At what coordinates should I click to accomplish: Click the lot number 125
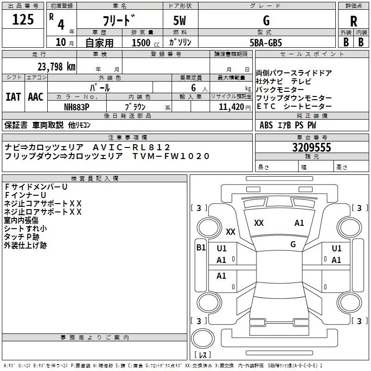coord(23,19)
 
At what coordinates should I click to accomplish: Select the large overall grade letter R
coord(353,21)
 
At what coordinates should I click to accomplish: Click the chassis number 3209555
coord(311,148)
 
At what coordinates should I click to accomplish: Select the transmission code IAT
coord(13,96)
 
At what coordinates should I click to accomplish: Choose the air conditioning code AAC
coord(36,96)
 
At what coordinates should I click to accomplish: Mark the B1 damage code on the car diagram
coord(201,248)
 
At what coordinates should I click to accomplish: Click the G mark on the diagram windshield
coord(293,244)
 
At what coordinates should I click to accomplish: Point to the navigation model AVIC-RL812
coord(132,147)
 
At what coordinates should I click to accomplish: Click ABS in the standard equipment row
coord(266,125)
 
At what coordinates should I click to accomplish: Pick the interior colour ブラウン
coord(135,106)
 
